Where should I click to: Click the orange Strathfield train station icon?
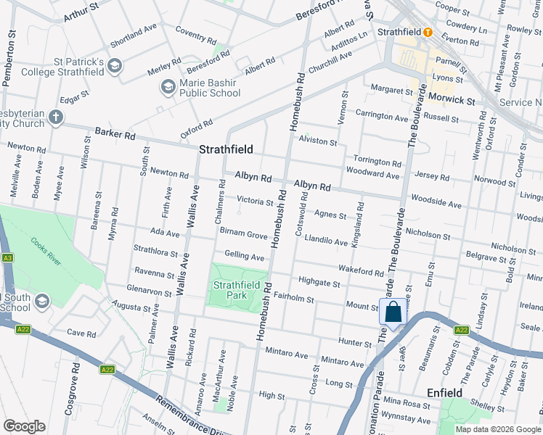(x=428, y=33)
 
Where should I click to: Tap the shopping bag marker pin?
(x=393, y=312)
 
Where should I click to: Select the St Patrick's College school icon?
(x=114, y=67)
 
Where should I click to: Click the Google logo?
(x=25, y=426)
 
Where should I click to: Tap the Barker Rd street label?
(x=115, y=134)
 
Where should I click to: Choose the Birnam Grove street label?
(x=243, y=235)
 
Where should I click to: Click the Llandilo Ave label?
(x=326, y=240)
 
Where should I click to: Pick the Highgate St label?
(x=319, y=283)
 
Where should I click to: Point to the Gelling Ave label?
(x=244, y=257)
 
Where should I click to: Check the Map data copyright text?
(x=498, y=429)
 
